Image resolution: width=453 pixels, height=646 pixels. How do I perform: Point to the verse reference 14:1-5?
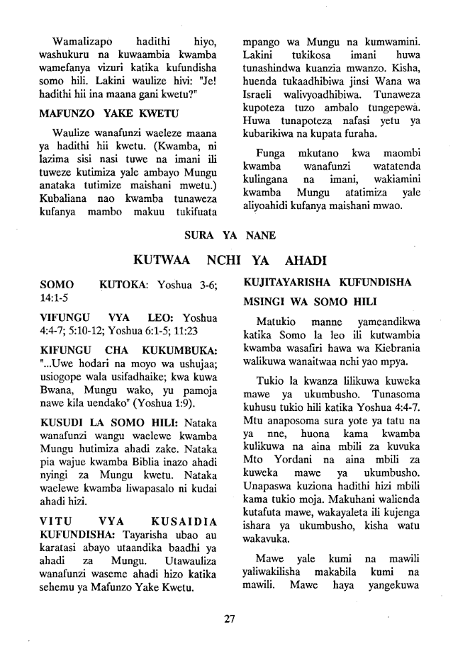pyautogui.click(x=57, y=298)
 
